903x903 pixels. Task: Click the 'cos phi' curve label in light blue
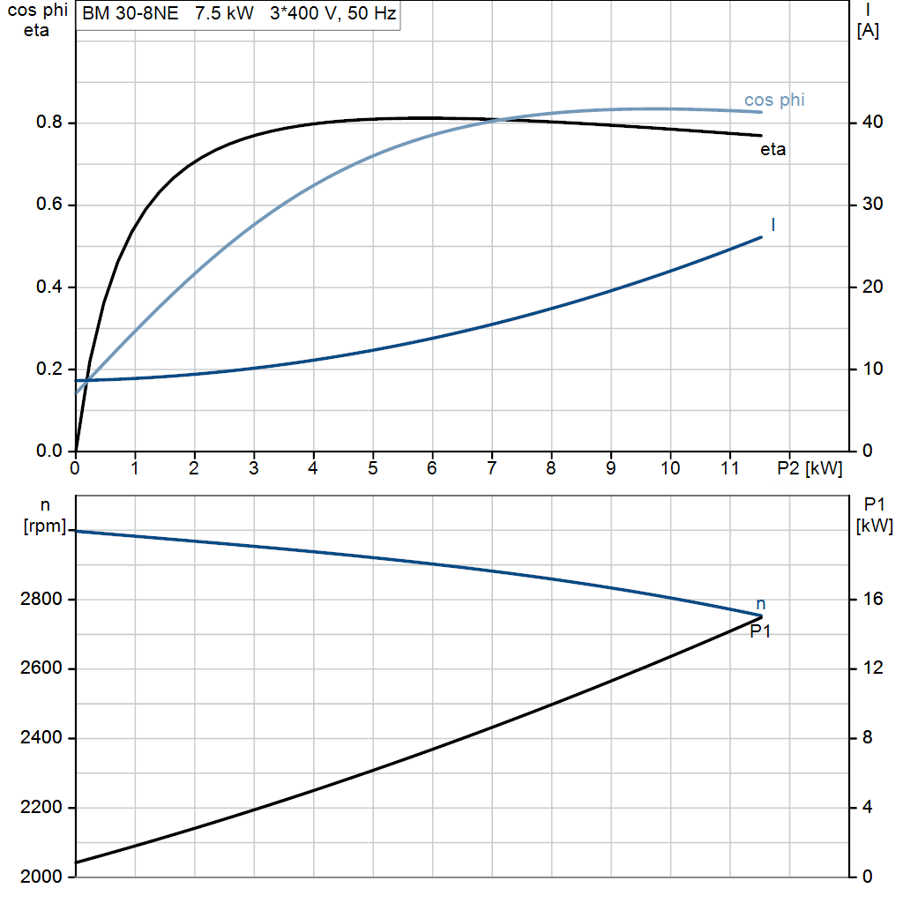(x=774, y=101)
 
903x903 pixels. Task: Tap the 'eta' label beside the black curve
(x=772, y=150)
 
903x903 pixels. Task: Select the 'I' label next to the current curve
(x=772, y=225)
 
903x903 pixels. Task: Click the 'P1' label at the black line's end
(x=760, y=631)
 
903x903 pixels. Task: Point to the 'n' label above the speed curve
(x=761, y=604)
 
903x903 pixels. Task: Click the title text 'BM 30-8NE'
(x=131, y=13)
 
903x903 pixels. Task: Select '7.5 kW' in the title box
(x=224, y=13)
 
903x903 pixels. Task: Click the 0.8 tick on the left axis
(x=49, y=122)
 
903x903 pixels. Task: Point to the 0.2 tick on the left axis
(x=49, y=369)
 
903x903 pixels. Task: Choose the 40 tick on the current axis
(x=872, y=122)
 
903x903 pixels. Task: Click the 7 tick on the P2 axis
(x=491, y=468)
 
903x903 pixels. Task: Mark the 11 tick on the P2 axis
(x=729, y=468)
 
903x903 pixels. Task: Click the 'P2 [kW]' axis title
(x=810, y=468)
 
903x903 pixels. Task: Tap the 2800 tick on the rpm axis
(x=41, y=600)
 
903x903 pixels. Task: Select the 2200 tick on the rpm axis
(x=41, y=808)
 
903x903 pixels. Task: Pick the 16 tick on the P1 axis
(x=872, y=600)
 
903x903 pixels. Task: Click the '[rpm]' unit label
(x=45, y=526)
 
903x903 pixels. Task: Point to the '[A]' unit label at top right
(x=868, y=31)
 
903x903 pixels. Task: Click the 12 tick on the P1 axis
(x=872, y=668)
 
